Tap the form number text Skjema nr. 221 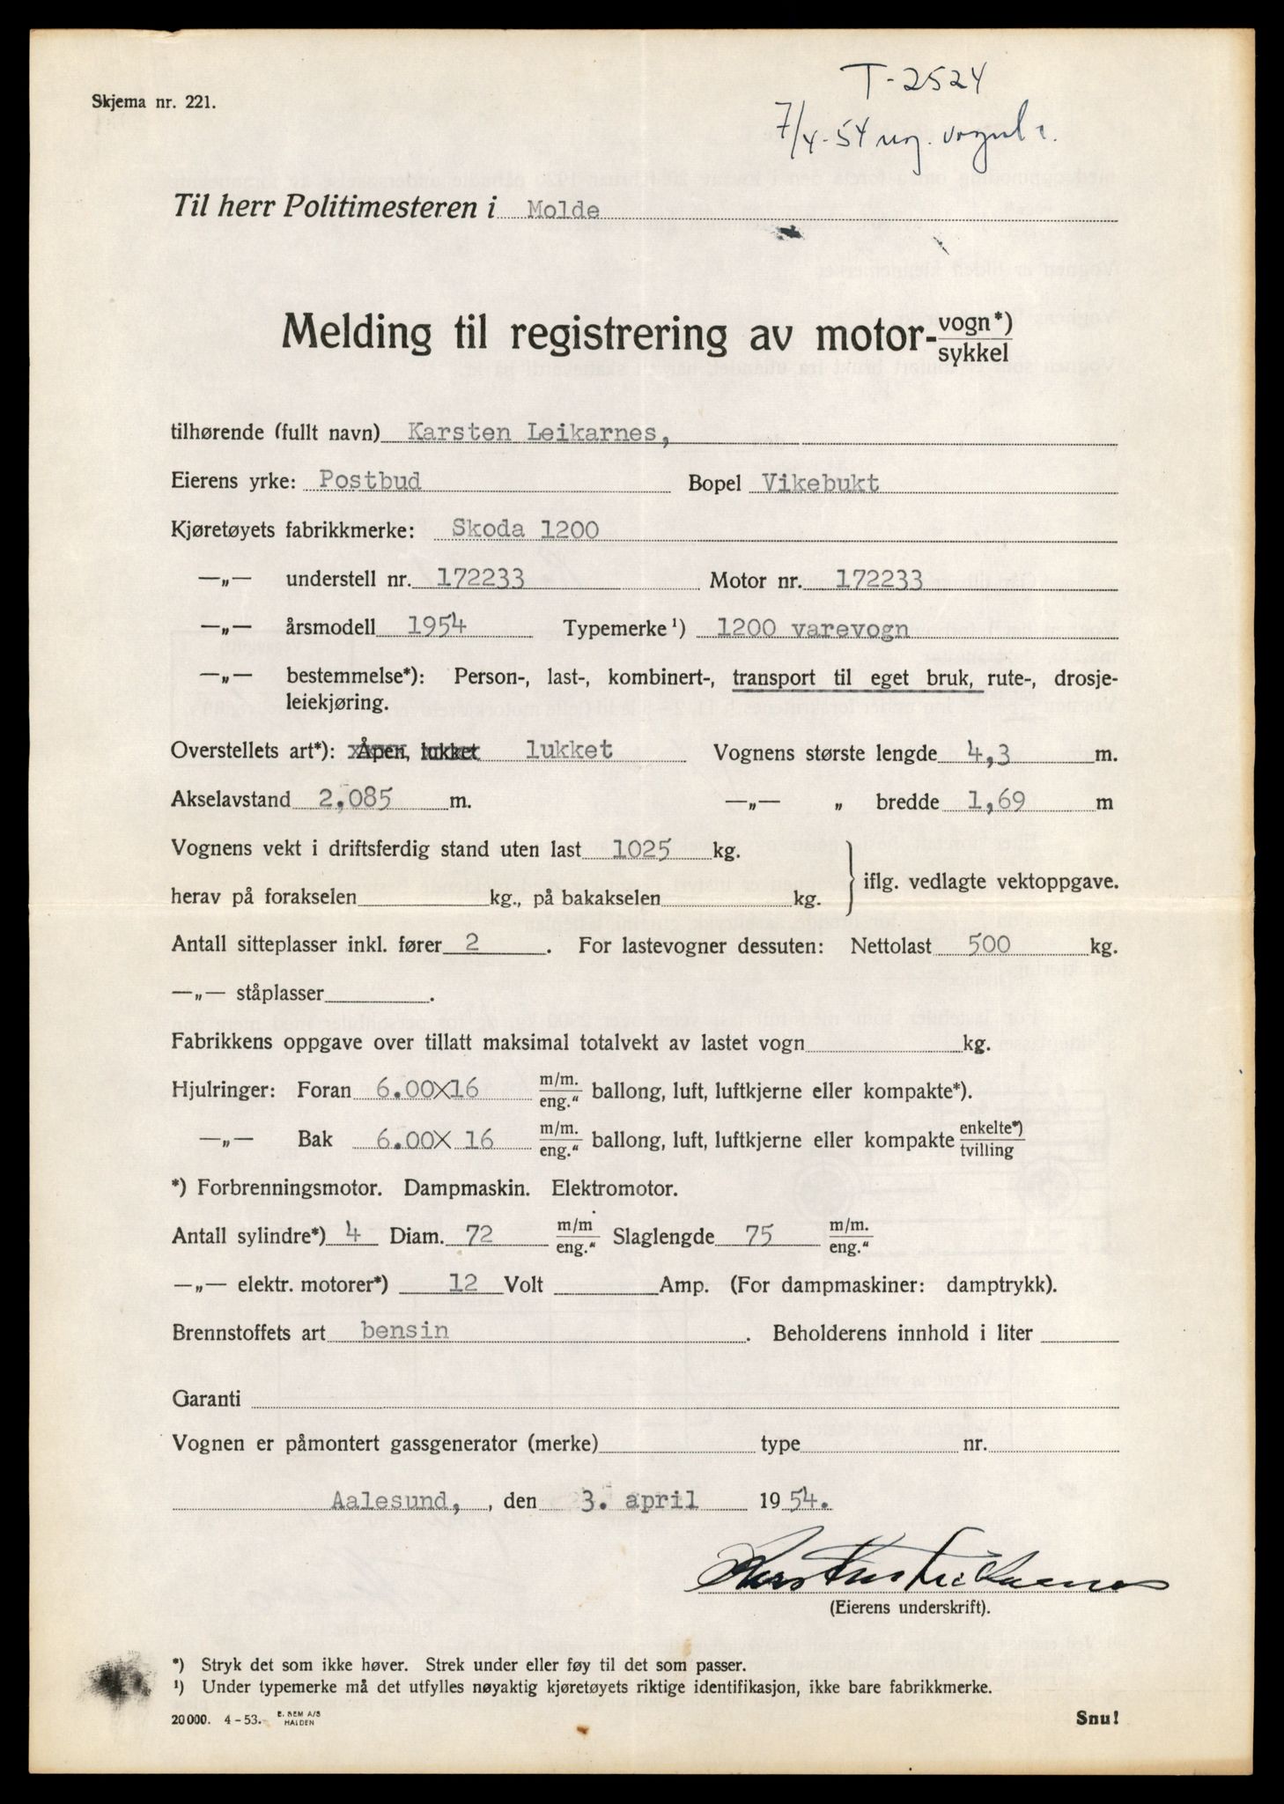[x=151, y=102]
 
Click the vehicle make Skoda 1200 [x=525, y=529]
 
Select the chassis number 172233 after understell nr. [x=469, y=578]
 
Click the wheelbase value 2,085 [x=344, y=800]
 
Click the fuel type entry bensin [x=393, y=1330]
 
